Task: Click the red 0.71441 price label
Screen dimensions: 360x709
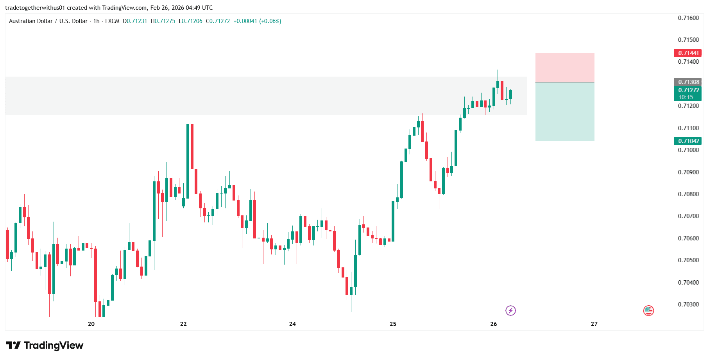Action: tap(688, 53)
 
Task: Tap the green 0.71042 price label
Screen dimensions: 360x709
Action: tap(688, 141)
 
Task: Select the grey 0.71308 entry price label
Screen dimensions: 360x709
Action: tap(688, 82)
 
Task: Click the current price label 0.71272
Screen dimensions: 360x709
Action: tap(688, 90)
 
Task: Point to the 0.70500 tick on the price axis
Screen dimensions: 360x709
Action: tap(688, 260)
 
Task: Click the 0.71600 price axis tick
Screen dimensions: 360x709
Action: tap(688, 18)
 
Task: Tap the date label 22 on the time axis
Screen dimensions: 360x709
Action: tap(183, 324)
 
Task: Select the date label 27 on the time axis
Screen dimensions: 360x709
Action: tap(594, 324)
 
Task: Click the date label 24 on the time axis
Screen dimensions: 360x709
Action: tap(292, 324)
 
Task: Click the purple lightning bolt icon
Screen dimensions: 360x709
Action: tap(510, 310)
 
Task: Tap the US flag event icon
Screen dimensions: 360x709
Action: tap(648, 310)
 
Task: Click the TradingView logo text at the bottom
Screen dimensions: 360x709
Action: tap(45, 346)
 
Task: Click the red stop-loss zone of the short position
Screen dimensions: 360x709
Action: tap(564, 67)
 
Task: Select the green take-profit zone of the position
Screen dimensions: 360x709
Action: tap(564, 111)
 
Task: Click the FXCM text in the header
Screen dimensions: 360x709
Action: tap(112, 21)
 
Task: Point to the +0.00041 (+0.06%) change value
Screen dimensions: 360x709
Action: tap(257, 21)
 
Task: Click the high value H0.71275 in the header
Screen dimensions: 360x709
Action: tap(163, 21)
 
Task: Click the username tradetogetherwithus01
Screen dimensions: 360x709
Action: tap(35, 8)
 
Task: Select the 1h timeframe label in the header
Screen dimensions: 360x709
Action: tap(97, 21)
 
